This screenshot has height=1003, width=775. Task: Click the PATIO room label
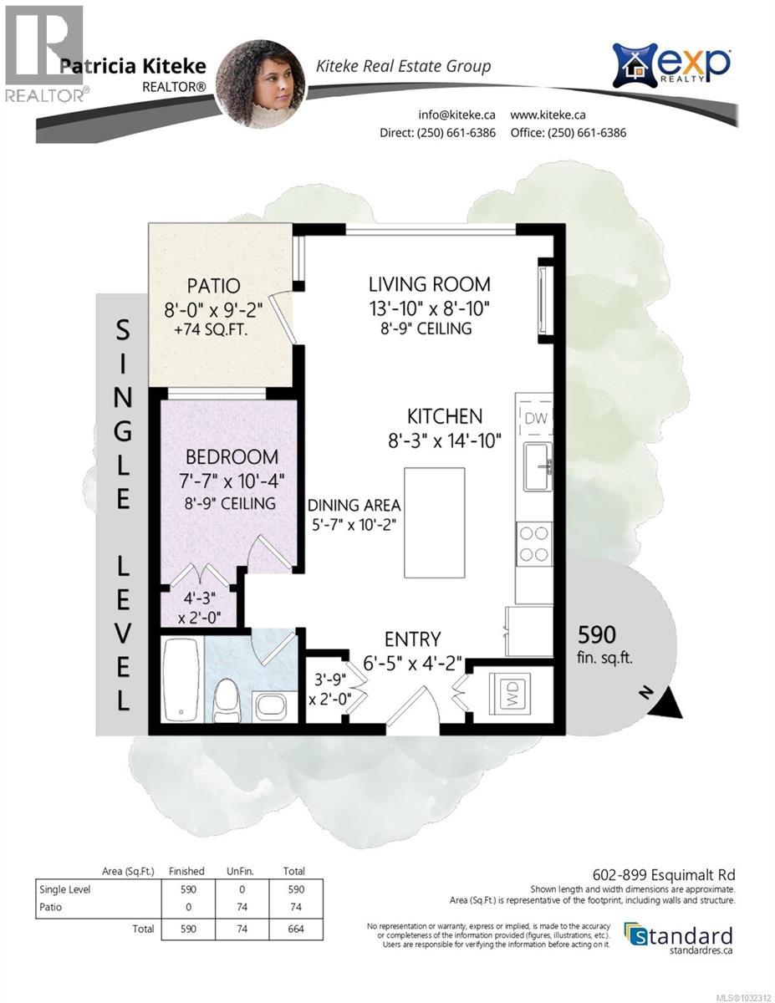[213, 285]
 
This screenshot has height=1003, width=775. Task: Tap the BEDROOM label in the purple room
[232, 457]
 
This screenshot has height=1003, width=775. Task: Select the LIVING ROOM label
[430, 284]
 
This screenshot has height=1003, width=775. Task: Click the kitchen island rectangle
[434, 522]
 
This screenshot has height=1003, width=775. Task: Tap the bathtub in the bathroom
[180, 680]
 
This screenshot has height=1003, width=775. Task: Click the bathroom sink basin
[270, 706]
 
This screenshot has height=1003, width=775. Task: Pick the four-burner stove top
[534, 542]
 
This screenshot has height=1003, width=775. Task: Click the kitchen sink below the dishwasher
[536, 467]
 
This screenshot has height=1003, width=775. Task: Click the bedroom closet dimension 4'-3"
[200, 598]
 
